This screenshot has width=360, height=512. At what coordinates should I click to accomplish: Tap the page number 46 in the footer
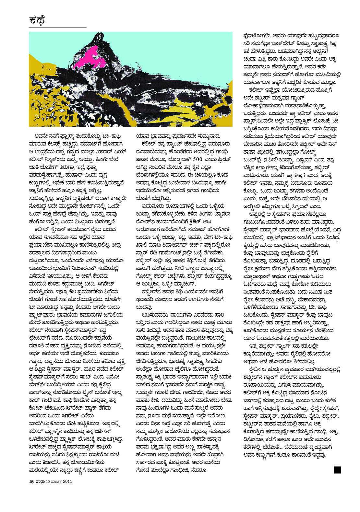pyautogui.click(x=31, y=481)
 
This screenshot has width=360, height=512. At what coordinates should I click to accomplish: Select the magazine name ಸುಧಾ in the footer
pyautogui.click(x=40, y=481)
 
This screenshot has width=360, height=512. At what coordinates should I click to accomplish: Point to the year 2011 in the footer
pyautogui.click(x=67, y=481)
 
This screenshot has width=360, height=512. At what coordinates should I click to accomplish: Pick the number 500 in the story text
pyautogui.click(x=198, y=159)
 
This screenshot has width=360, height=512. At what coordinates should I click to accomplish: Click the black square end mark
pyautogui.click(x=337, y=470)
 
